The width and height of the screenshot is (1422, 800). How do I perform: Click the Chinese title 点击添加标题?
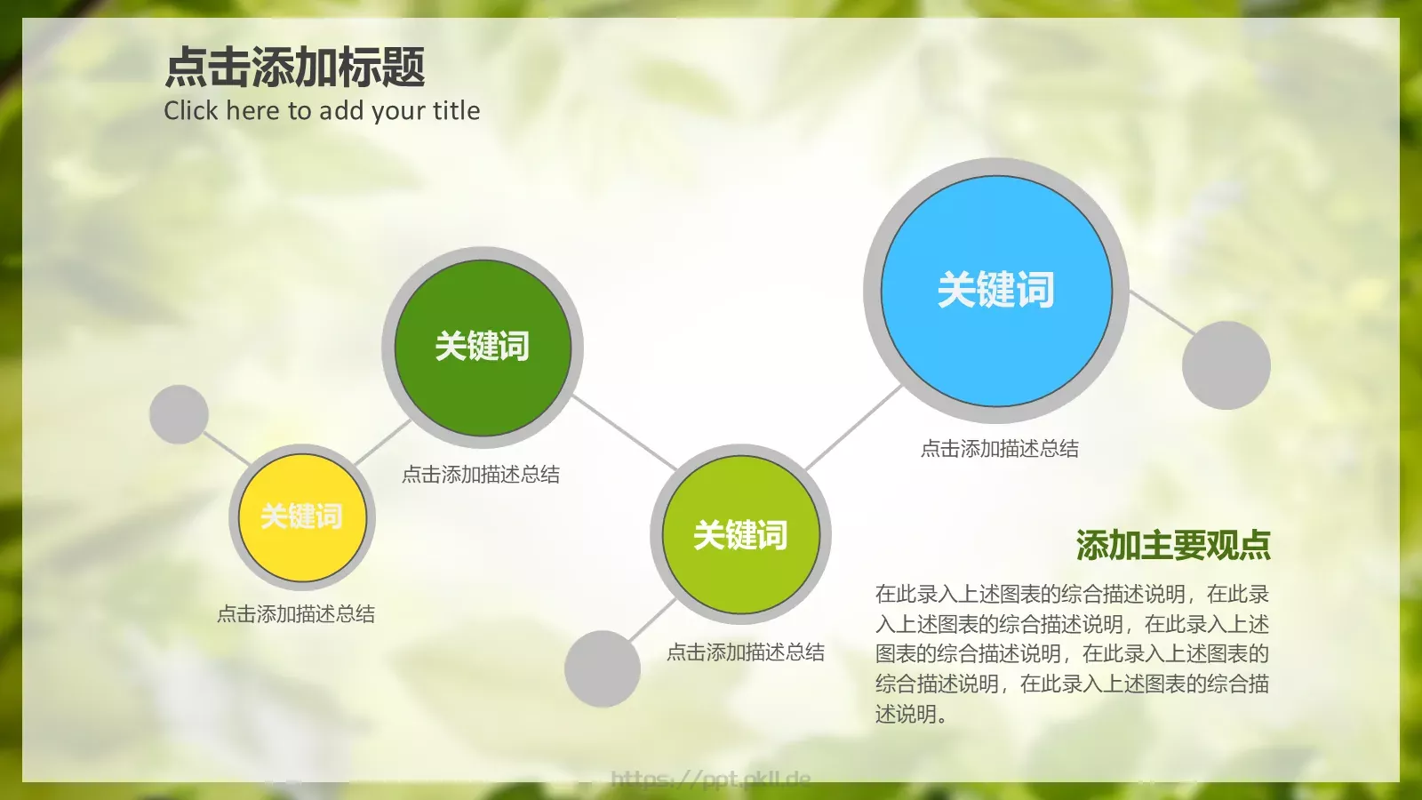click(x=295, y=68)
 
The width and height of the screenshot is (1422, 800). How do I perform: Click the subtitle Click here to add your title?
click(x=322, y=110)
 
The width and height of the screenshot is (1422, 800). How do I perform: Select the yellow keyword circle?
click(x=302, y=516)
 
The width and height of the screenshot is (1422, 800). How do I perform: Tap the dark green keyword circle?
click(x=483, y=347)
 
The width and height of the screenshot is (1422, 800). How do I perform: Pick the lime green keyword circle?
click(x=740, y=535)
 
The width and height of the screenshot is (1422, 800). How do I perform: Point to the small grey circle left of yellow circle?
click(x=179, y=414)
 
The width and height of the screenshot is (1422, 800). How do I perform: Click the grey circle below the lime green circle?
click(x=603, y=668)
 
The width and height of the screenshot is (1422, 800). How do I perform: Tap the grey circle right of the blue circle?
click(x=1226, y=365)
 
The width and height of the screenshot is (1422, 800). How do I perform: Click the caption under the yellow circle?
click(x=296, y=614)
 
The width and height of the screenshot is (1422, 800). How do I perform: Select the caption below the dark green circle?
click(x=481, y=475)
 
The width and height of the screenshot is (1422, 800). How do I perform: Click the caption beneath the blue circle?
click(x=1000, y=449)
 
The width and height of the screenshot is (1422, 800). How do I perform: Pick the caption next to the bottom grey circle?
click(x=746, y=652)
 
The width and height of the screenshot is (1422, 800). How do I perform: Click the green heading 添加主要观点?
click(x=1173, y=545)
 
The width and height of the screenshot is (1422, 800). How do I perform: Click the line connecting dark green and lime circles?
click(x=624, y=433)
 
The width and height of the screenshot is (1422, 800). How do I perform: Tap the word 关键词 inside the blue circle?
click(x=996, y=290)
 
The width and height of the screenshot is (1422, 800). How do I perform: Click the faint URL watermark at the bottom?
click(x=711, y=780)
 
